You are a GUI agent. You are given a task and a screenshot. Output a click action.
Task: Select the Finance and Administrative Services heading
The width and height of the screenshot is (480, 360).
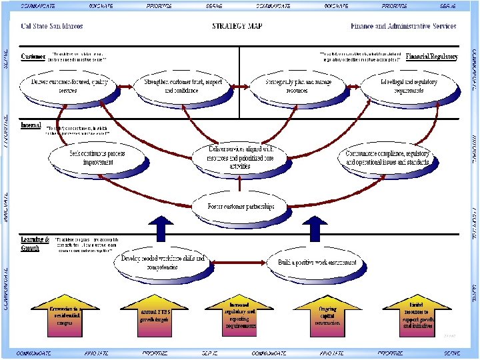(403, 27)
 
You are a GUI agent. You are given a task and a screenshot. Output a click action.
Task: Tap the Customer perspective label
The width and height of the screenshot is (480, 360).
(33, 57)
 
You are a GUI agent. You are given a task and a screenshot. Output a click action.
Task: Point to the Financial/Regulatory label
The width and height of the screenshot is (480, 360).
(431, 57)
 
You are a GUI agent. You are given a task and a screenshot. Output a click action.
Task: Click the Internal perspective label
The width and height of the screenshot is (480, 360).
(31, 125)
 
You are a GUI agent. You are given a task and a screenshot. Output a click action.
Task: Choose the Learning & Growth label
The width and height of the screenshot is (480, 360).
(34, 243)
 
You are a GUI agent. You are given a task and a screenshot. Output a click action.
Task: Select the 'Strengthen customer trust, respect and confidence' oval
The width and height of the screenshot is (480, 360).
(183, 86)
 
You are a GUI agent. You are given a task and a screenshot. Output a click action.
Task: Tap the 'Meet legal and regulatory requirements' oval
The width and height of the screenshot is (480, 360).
(408, 86)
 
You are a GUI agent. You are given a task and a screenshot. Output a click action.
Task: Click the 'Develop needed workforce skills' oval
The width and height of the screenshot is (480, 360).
(163, 262)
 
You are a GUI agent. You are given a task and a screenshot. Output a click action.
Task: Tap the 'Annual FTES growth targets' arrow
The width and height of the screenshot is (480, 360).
(153, 315)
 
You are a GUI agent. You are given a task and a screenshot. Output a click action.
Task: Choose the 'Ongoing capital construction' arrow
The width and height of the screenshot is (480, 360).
(327, 315)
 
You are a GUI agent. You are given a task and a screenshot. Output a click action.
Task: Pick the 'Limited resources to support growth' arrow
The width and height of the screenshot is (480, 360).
(418, 315)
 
